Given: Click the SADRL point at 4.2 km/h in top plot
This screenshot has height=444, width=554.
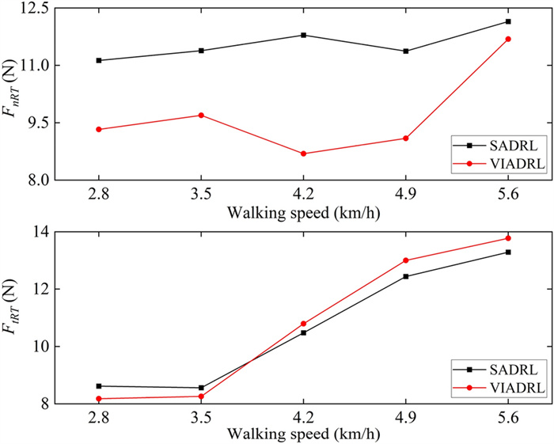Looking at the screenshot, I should click(x=304, y=35).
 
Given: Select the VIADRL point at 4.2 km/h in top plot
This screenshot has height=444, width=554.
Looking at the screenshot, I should click(x=304, y=154).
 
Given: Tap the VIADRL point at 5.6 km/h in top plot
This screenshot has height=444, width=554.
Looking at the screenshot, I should click(x=508, y=39).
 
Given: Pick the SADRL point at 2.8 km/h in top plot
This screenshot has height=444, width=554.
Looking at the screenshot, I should click(x=99, y=60).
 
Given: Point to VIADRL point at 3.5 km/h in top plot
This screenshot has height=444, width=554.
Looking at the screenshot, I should click(x=201, y=116).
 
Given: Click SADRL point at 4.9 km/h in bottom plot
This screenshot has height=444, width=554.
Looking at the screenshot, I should click(x=406, y=276).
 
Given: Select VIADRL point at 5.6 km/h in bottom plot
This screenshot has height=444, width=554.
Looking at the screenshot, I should click(x=508, y=238).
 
